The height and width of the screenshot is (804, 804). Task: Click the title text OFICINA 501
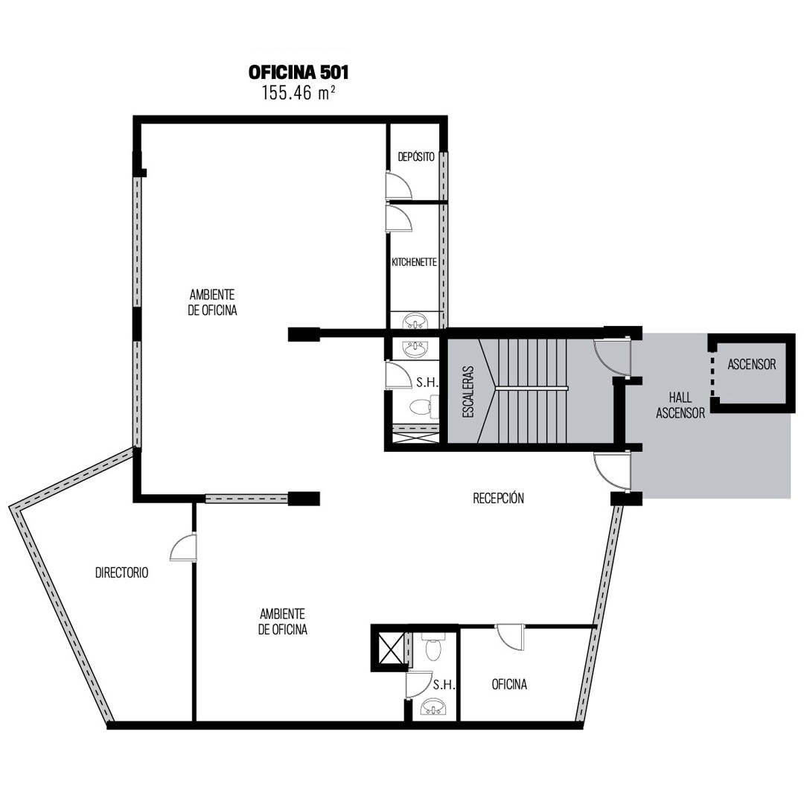(x=299, y=72)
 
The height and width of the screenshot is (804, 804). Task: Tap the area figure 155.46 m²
(x=299, y=93)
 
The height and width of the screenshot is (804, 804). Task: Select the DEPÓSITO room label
(x=416, y=157)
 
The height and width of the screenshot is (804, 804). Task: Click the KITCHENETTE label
(x=414, y=262)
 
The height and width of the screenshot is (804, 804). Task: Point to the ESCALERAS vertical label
(x=468, y=392)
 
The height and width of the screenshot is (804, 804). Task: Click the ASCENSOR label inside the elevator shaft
(x=752, y=364)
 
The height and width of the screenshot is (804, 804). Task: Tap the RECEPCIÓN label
(x=498, y=498)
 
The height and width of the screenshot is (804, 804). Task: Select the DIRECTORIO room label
(x=121, y=572)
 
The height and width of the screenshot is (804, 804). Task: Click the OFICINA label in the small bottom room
(x=509, y=684)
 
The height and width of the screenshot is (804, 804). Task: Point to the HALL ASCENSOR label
(x=680, y=405)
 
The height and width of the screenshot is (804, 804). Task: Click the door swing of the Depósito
(x=399, y=185)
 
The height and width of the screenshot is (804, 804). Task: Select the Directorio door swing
(x=183, y=548)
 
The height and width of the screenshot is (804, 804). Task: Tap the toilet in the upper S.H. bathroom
(x=424, y=406)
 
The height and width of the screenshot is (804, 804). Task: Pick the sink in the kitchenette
(x=415, y=322)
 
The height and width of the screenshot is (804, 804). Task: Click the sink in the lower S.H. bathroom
(x=434, y=708)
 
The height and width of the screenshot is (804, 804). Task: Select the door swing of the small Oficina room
(x=510, y=637)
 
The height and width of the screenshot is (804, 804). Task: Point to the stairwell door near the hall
(x=612, y=356)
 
